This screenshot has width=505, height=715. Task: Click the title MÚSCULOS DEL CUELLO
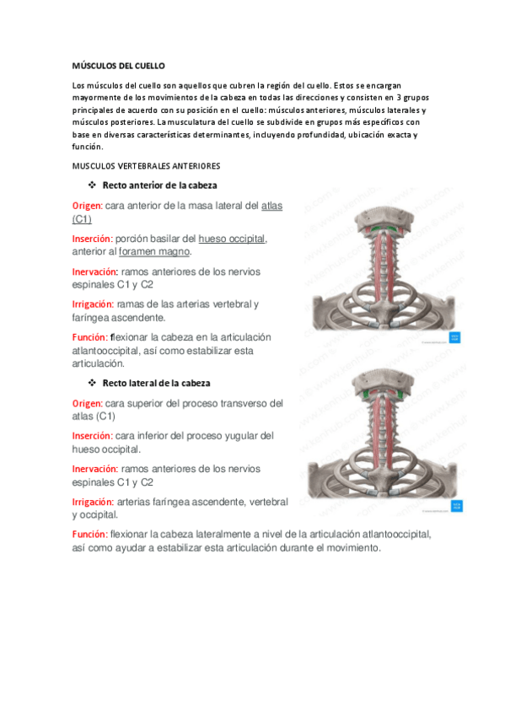tap(119, 65)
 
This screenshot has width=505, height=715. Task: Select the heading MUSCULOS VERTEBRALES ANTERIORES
tap(146, 165)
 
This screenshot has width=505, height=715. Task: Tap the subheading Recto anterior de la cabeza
tap(162, 185)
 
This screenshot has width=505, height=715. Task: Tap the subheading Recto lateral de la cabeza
tap(156, 383)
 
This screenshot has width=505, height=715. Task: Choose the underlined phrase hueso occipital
tap(232, 239)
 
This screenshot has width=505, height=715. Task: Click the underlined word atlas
tap(272, 206)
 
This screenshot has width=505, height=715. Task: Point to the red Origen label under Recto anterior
tap(88, 206)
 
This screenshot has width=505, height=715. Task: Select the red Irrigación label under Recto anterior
tap(93, 304)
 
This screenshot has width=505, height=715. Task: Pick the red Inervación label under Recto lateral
tap(94, 469)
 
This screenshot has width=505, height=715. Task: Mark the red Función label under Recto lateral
tap(89, 535)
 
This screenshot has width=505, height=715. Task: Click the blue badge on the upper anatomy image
tap(455, 337)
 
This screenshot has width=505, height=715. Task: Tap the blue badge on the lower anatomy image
tap(455, 506)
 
